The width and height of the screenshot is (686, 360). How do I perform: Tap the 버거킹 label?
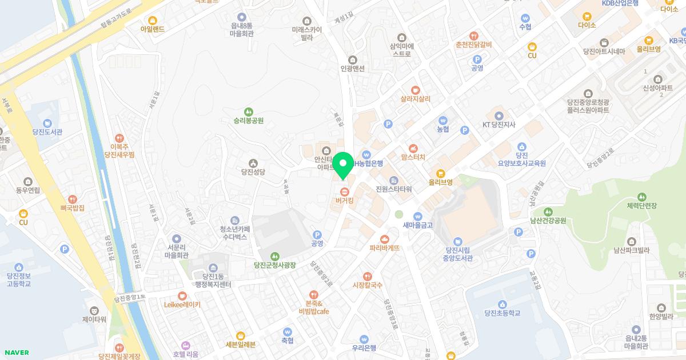tap(344, 201)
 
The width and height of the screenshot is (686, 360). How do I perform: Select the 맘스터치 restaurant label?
tap(414, 156)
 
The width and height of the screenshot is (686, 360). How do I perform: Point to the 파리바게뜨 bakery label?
tap(384, 248)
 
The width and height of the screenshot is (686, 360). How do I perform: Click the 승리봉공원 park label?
tap(248, 121)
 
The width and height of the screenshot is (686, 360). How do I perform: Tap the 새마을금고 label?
tap(418, 225)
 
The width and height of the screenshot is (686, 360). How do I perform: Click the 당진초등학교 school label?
tap(502, 313)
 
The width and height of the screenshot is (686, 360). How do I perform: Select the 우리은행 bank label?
tap(364, 347)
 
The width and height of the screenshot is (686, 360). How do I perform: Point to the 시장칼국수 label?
tap(367, 285)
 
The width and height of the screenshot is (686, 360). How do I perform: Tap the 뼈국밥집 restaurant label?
tap(71, 208)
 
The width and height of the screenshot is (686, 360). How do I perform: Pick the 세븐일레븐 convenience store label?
tap(241, 343)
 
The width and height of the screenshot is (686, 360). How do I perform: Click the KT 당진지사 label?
tap(499, 124)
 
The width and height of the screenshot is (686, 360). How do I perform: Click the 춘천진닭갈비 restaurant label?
tap(474, 45)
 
